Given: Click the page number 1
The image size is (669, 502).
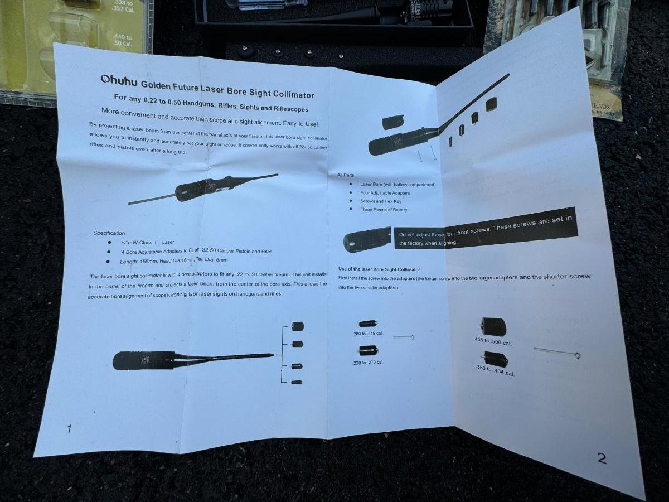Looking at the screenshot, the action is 69,429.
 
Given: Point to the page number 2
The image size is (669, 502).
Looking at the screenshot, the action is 602,458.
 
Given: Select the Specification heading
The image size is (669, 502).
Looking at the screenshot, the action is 109,233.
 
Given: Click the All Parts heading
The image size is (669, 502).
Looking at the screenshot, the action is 346,175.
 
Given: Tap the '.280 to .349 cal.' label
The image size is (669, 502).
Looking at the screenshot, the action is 367,334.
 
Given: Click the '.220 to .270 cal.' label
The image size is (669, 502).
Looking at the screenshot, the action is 368,363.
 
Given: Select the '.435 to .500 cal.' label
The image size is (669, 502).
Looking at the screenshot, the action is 493,342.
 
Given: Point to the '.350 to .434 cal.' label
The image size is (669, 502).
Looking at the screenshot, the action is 495,371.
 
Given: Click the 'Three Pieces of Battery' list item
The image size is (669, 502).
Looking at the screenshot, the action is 384,210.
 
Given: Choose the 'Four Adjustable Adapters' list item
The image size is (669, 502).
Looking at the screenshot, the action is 385,193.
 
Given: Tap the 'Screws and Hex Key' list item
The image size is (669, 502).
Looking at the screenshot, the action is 381,201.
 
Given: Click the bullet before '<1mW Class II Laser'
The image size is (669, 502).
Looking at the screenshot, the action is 109,242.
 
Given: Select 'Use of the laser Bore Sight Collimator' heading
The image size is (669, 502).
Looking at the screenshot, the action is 379,269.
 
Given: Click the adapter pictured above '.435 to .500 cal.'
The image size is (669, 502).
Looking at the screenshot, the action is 493,326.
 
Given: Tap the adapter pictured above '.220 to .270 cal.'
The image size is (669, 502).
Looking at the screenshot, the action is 369,350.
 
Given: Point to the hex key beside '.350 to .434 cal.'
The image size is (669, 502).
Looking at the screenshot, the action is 557,353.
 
